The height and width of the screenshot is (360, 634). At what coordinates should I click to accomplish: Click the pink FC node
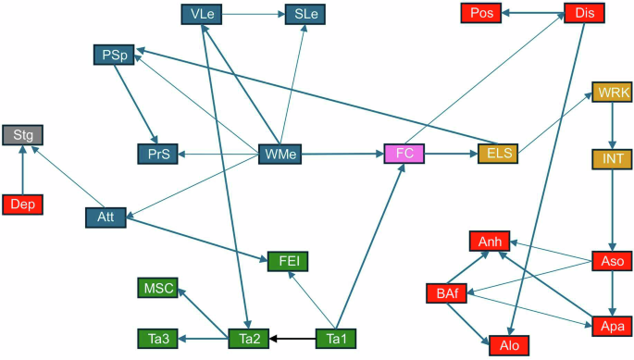point(404,153)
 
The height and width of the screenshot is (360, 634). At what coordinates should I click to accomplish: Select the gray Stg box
point(21,136)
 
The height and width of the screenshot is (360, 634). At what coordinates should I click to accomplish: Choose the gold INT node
point(612,158)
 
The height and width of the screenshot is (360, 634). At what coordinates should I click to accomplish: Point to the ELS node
point(497,153)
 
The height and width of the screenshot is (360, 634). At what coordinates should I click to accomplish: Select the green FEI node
point(286,260)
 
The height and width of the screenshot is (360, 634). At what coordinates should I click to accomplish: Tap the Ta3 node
point(158,339)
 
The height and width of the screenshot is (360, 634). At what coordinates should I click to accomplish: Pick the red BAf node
point(445,294)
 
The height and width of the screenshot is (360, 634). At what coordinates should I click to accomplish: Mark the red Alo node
point(509,344)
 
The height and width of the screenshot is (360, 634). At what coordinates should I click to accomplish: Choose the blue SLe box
point(305,14)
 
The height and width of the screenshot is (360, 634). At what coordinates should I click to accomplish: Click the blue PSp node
point(113,55)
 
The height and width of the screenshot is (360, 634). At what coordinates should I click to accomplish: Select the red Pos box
point(481,14)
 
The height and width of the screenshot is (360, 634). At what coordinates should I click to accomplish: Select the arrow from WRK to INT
point(612,126)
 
